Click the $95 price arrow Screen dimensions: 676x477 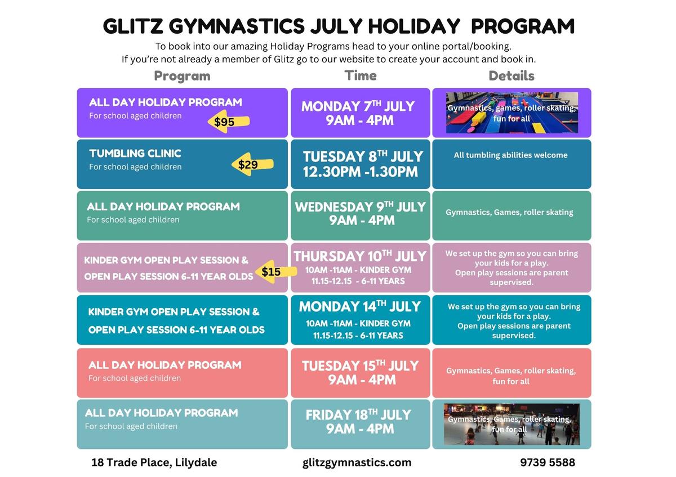click(x=229, y=121)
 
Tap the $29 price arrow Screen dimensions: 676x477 click(x=252, y=164)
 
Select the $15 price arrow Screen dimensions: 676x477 click(x=276, y=272)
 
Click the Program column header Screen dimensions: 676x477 click(x=183, y=76)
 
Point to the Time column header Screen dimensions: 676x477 click(x=361, y=75)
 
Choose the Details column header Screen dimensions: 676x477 click(x=512, y=75)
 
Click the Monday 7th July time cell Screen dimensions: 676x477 click(x=361, y=112)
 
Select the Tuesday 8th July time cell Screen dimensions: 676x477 click(x=361, y=164)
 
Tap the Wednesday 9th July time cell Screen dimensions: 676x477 click(x=361, y=215)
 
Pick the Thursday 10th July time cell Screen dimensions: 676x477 click(x=361, y=268)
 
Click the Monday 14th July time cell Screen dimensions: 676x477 click(x=361, y=320)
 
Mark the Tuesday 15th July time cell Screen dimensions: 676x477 click(x=361, y=373)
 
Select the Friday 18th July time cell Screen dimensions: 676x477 click(x=361, y=424)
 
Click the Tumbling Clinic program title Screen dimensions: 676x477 click(x=135, y=154)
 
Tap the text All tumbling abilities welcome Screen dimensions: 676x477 click(x=510, y=155)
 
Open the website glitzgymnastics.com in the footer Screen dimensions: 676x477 click(x=357, y=462)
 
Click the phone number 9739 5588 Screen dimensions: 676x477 click(x=548, y=462)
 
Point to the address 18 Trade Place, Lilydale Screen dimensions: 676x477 click(x=154, y=462)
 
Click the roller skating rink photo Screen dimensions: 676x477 click(x=512, y=424)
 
